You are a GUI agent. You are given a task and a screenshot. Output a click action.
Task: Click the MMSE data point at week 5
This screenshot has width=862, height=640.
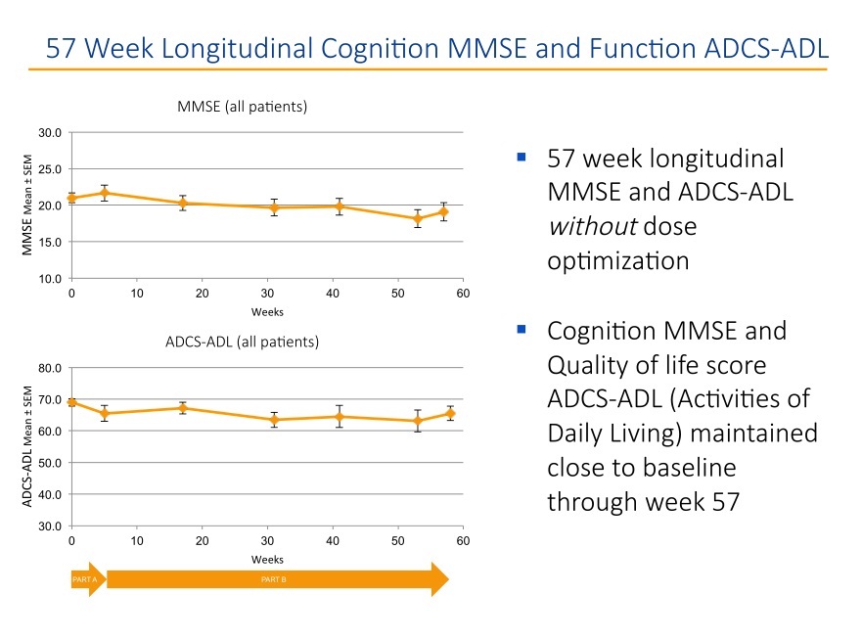point(104,193)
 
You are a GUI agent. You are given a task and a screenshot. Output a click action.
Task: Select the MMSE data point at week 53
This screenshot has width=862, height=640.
point(417,219)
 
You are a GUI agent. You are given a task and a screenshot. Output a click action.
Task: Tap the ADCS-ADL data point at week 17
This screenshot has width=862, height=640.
point(182,408)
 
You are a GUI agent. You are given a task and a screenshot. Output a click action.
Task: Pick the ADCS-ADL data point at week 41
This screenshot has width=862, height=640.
point(339,416)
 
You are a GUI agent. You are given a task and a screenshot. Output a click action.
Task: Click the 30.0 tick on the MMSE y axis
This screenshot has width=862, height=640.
point(51,132)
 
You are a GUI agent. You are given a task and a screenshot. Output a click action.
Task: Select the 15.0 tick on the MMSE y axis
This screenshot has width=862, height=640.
point(51,242)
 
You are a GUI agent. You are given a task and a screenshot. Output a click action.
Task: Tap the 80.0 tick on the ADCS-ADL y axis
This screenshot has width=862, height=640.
point(51,368)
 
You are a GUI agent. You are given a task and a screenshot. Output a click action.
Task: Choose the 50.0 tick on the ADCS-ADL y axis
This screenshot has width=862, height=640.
point(51,463)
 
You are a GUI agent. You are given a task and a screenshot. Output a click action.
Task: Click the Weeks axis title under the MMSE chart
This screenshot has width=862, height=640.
point(267,312)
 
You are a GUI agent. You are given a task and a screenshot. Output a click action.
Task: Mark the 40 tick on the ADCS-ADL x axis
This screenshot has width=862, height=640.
point(333,541)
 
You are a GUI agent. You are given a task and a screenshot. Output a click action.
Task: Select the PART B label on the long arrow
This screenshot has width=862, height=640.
point(273,580)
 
